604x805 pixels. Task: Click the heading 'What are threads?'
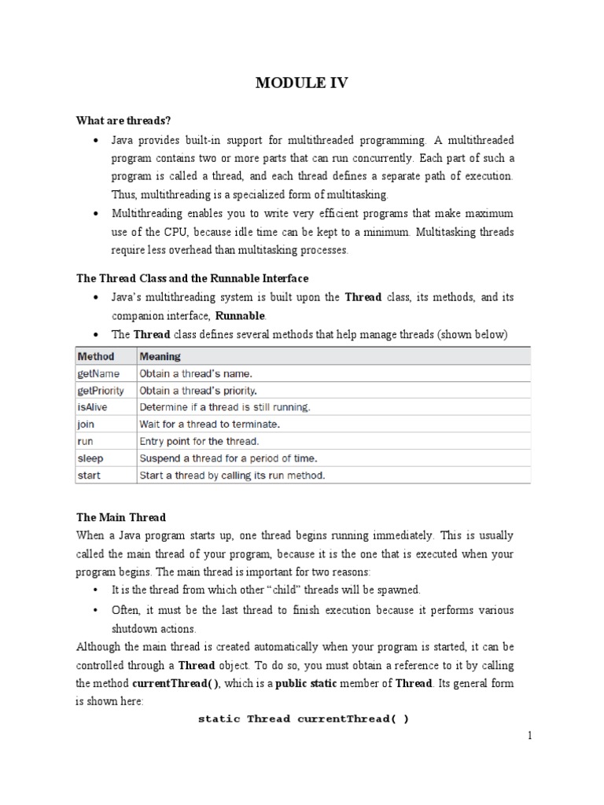(123, 120)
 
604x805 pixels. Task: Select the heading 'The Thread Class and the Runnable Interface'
(192, 278)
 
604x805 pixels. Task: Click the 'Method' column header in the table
(95, 356)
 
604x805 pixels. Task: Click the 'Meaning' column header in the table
(160, 356)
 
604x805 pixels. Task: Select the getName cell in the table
(99, 373)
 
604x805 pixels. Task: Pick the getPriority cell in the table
(102, 390)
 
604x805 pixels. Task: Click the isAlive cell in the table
(94, 407)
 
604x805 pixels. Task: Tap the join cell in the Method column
(85, 424)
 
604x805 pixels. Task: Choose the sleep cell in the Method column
(90, 458)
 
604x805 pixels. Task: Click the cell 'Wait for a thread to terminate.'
(210, 424)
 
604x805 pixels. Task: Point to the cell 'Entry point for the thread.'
(199, 441)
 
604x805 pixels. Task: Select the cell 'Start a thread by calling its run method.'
(232, 476)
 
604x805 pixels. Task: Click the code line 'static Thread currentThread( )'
(303, 719)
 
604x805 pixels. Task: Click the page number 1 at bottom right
(530, 737)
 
